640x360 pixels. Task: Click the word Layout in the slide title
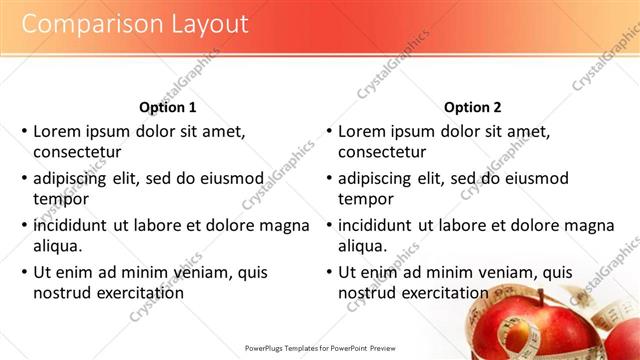[x=201, y=23]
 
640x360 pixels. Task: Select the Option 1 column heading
[x=167, y=107]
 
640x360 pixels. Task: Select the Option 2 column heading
[x=473, y=107]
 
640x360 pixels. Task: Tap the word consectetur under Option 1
[x=77, y=152]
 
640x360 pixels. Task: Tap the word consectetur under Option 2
[x=382, y=152]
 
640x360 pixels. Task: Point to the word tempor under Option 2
[x=366, y=198]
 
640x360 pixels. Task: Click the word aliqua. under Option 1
[x=58, y=245]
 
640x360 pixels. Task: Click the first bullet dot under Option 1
[x=23, y=131]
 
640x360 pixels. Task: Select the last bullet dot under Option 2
[x=328, y=272]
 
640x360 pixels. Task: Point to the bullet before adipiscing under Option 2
[x=328, y=179]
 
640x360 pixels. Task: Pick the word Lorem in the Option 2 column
[x=362, y=131]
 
